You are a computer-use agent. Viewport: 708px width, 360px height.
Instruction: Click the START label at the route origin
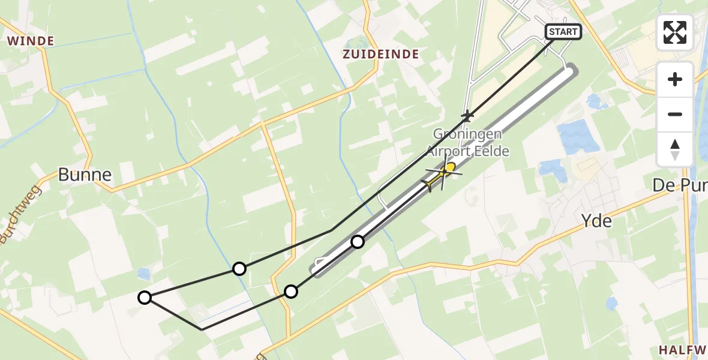[563, 32]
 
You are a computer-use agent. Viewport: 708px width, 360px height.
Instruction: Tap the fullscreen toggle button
[675, 32]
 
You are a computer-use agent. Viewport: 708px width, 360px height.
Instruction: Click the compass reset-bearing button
[675, 149]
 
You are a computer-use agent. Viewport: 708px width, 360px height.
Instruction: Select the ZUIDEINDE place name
[381, 54]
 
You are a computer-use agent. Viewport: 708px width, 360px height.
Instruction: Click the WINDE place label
[31, 41]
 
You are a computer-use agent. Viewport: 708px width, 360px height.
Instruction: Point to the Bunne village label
[85, 175]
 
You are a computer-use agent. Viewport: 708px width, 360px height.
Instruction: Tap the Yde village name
[597, 221]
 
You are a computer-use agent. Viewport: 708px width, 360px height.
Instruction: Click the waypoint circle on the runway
[358, 242]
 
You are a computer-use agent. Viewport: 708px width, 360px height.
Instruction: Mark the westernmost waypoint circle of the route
[145, 297]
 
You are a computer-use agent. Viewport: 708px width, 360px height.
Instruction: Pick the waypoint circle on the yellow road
[291, 292]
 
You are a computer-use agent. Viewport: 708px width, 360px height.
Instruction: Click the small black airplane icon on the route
[467, 115]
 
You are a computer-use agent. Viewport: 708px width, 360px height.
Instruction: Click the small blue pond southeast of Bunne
[143, 274]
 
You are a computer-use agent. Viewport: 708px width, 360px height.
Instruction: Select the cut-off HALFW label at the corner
[683, 350]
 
